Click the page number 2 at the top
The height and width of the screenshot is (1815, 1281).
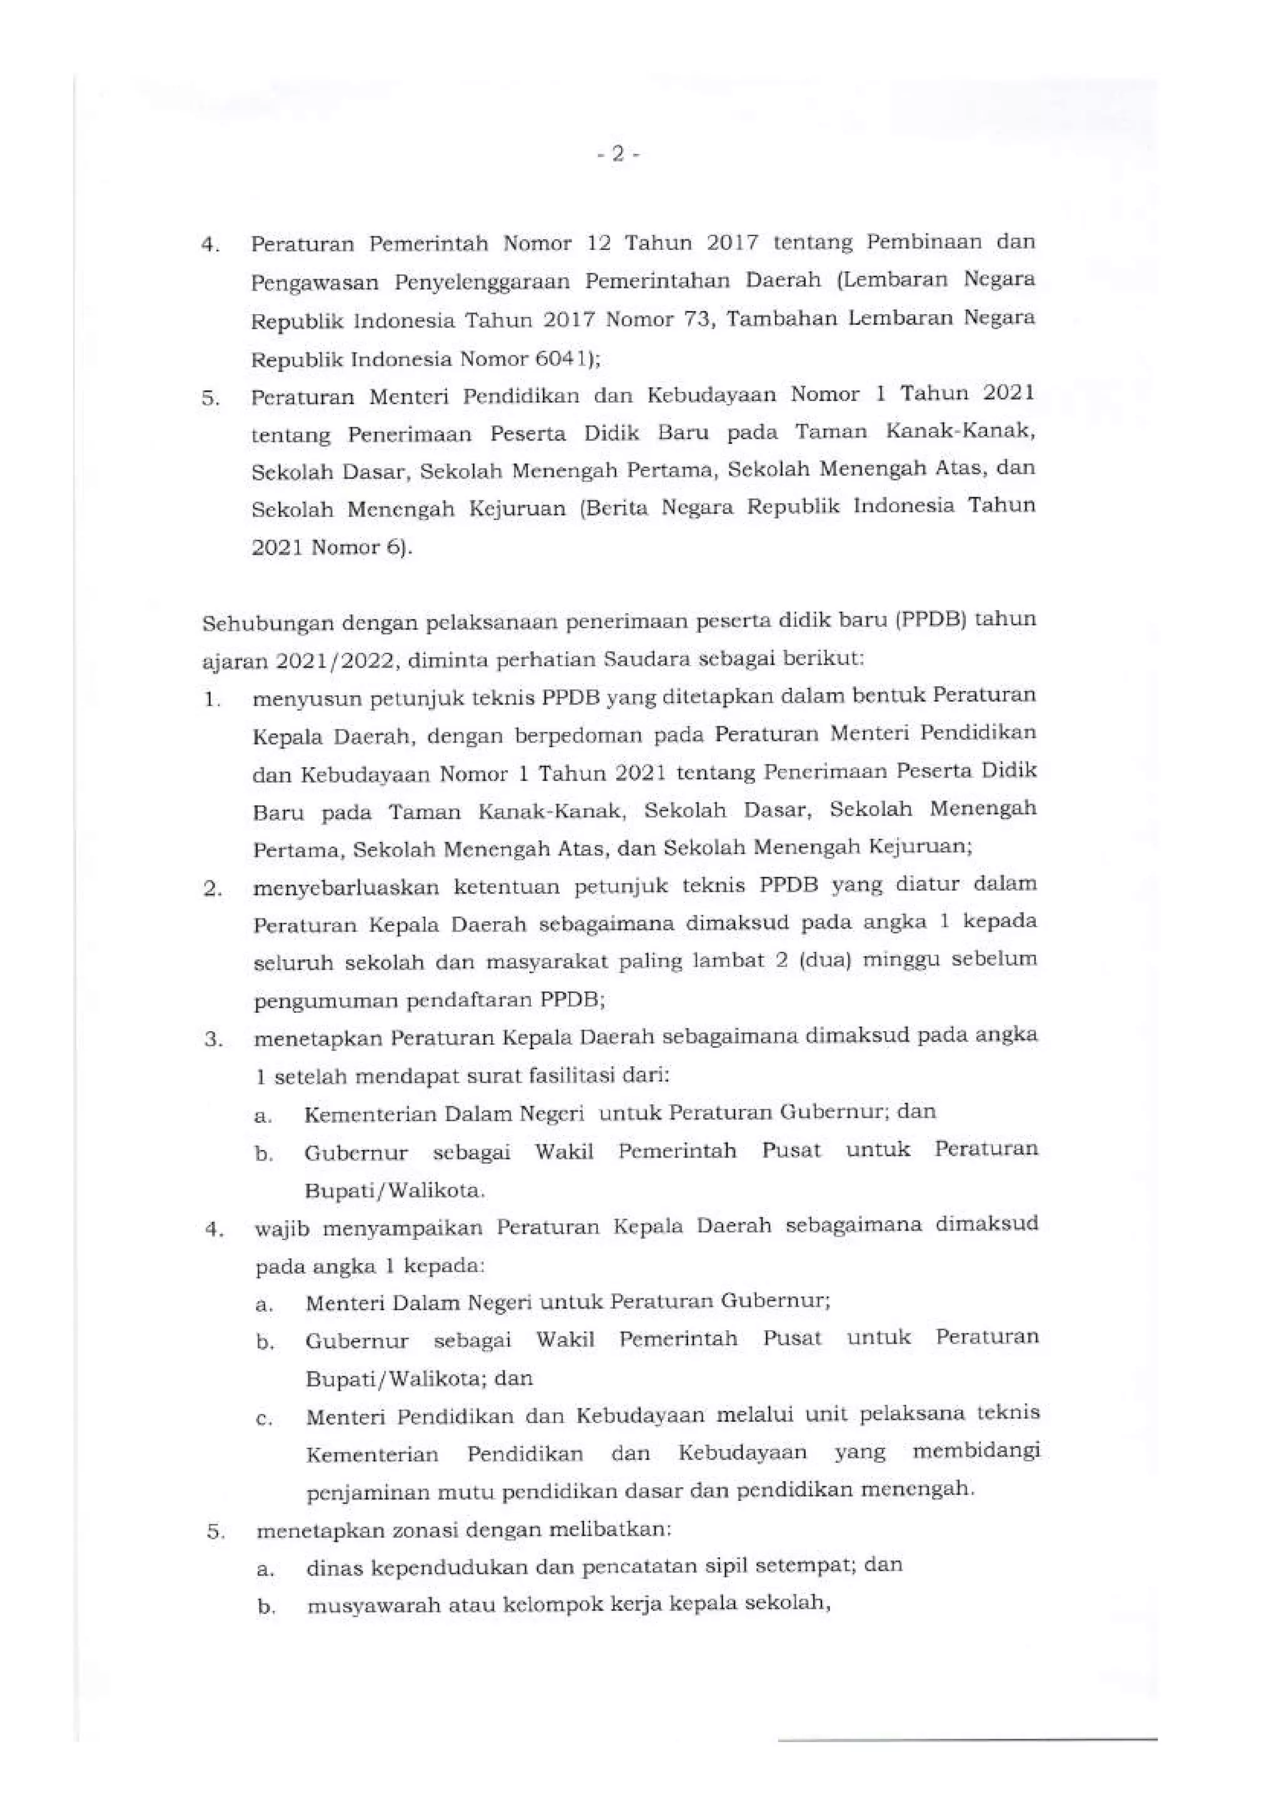tap(619, 156)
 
